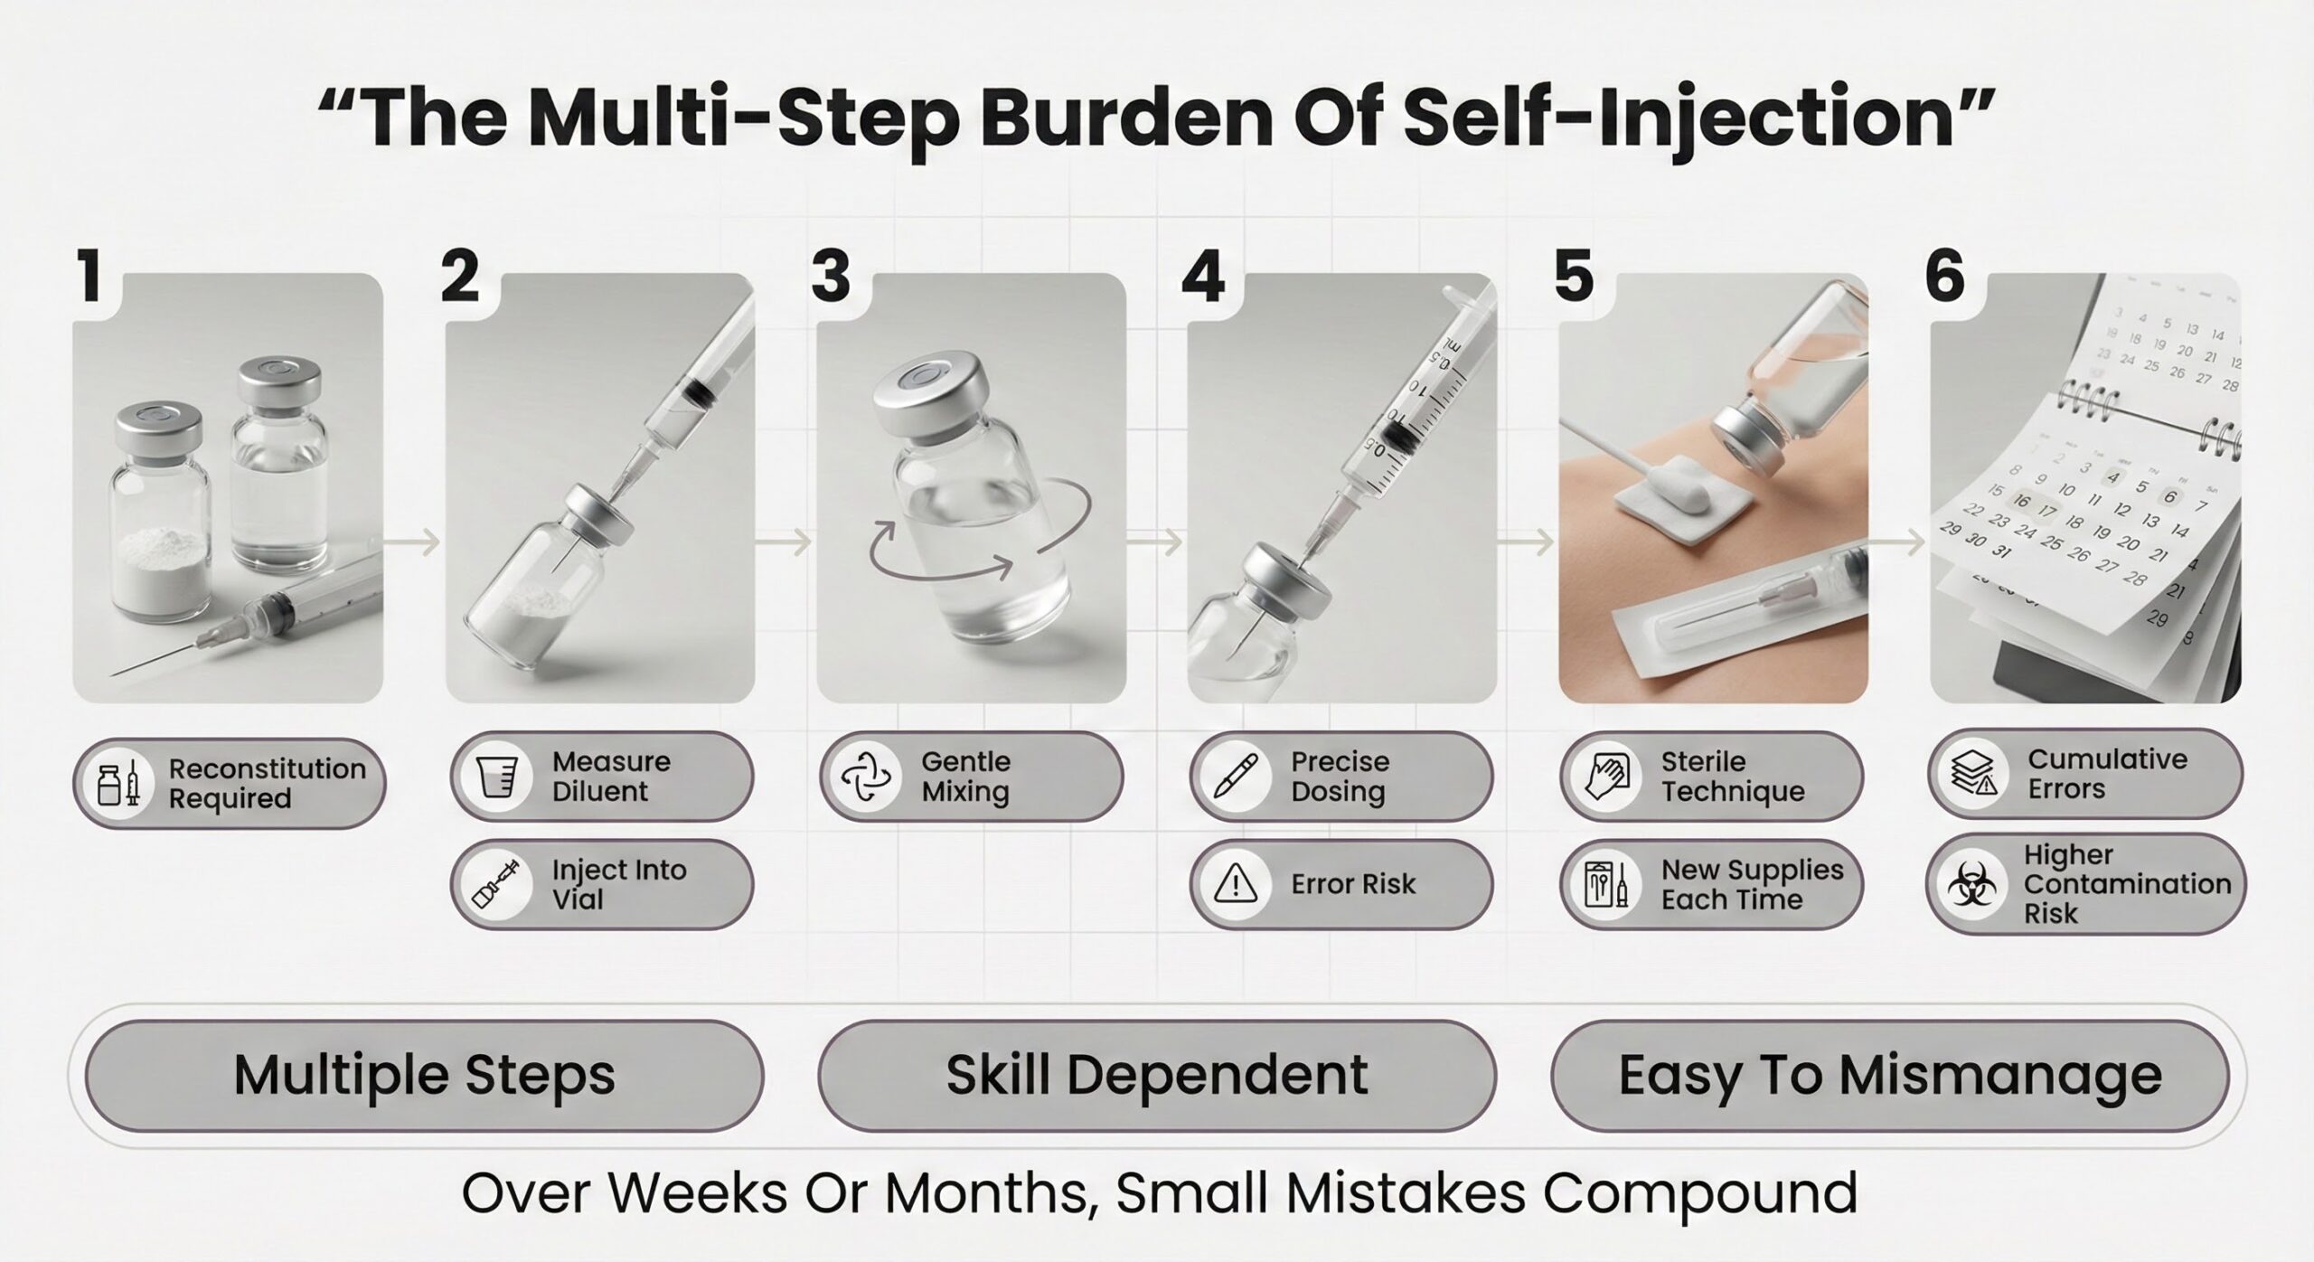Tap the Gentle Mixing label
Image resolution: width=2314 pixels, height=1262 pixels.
(x=965, y=777)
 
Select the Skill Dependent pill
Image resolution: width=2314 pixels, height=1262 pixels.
(x=1157, y=1076)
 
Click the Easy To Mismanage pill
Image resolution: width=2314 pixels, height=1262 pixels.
(x=1889, y=1076)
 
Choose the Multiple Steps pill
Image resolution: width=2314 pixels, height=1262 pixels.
(x=425, y=1076)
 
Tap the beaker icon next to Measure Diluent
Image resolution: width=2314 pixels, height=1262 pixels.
(x=495, y=777)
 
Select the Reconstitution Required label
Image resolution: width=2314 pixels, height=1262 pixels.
(x=268, y=784)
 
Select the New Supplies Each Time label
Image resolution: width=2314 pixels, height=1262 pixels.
(x=1753, y=885)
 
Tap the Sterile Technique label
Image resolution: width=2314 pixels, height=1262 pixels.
(x=1733, y=777)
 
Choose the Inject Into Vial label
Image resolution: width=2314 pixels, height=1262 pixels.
(x=619, y=885)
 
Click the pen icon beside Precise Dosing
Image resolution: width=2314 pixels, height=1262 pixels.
(x=1233, y=776)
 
